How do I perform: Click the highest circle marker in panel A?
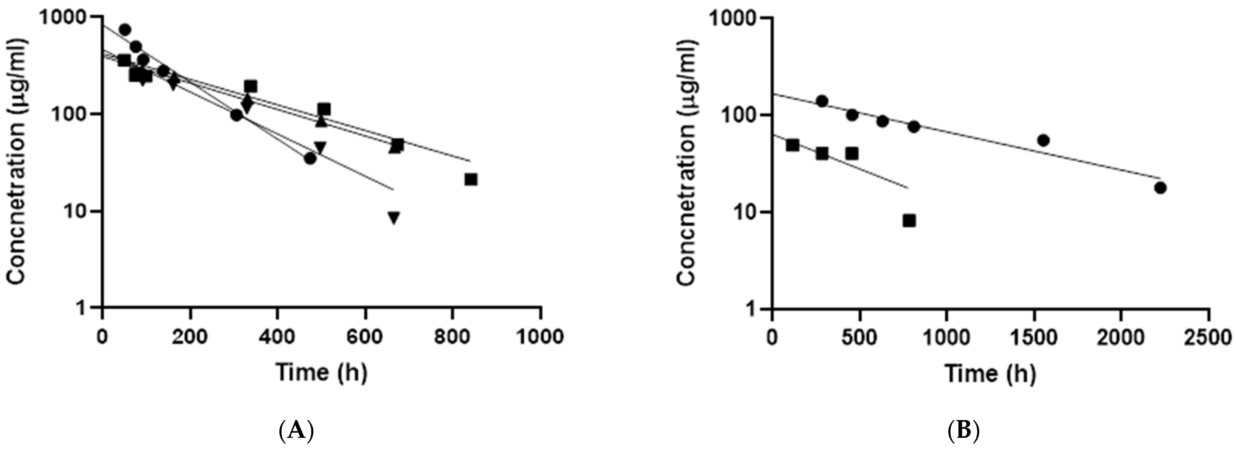coord(125,30)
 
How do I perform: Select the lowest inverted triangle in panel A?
coord(394,218)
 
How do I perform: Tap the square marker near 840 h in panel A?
coord(471,179)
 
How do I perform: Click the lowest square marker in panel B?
coord(909,221)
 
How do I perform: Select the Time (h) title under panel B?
coord(990,372)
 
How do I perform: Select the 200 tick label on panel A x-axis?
coord(190,337)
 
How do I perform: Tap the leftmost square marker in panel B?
coord(792,145)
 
